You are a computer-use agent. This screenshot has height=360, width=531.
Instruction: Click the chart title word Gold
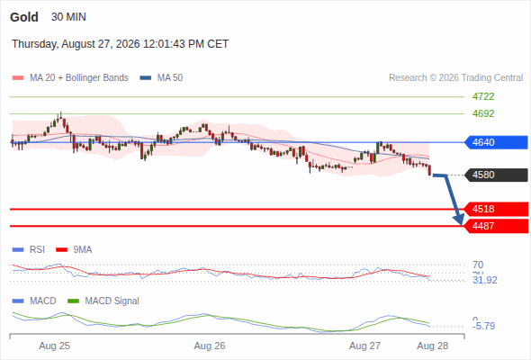coord(24,17)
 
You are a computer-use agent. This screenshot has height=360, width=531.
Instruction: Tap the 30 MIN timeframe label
coord(68,17)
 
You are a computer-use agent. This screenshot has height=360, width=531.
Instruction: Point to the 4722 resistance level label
coord(483,96)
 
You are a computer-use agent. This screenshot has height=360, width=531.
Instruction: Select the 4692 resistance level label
coord(483,113)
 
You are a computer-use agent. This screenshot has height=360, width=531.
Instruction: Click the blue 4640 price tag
coord(496,142)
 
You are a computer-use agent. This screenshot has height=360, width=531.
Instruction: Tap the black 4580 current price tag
coord(496,175)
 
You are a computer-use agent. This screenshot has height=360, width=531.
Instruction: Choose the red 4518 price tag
coord(496,209)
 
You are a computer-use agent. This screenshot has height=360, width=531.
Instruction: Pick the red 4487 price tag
coord(496,226)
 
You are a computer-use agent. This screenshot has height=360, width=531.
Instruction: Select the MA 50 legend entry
coord(161,78)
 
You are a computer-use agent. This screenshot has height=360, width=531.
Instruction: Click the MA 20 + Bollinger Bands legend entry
coord(70,78)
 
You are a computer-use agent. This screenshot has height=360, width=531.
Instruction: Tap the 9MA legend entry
coord(74,249)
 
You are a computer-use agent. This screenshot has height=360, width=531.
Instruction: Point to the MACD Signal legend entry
coord(103,301)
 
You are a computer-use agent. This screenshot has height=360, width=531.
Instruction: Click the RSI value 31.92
coord(485,280)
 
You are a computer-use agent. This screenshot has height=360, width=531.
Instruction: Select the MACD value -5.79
coord(484,326)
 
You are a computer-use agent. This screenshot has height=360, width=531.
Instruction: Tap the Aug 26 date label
coord(210,346)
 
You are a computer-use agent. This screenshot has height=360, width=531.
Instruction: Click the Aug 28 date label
coord(433,346)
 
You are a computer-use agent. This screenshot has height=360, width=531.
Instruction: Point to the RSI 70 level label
coord(478,265)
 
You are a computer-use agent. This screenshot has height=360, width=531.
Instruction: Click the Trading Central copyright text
coord(455,78)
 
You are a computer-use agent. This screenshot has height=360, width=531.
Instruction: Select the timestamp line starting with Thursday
coord(121,44)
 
